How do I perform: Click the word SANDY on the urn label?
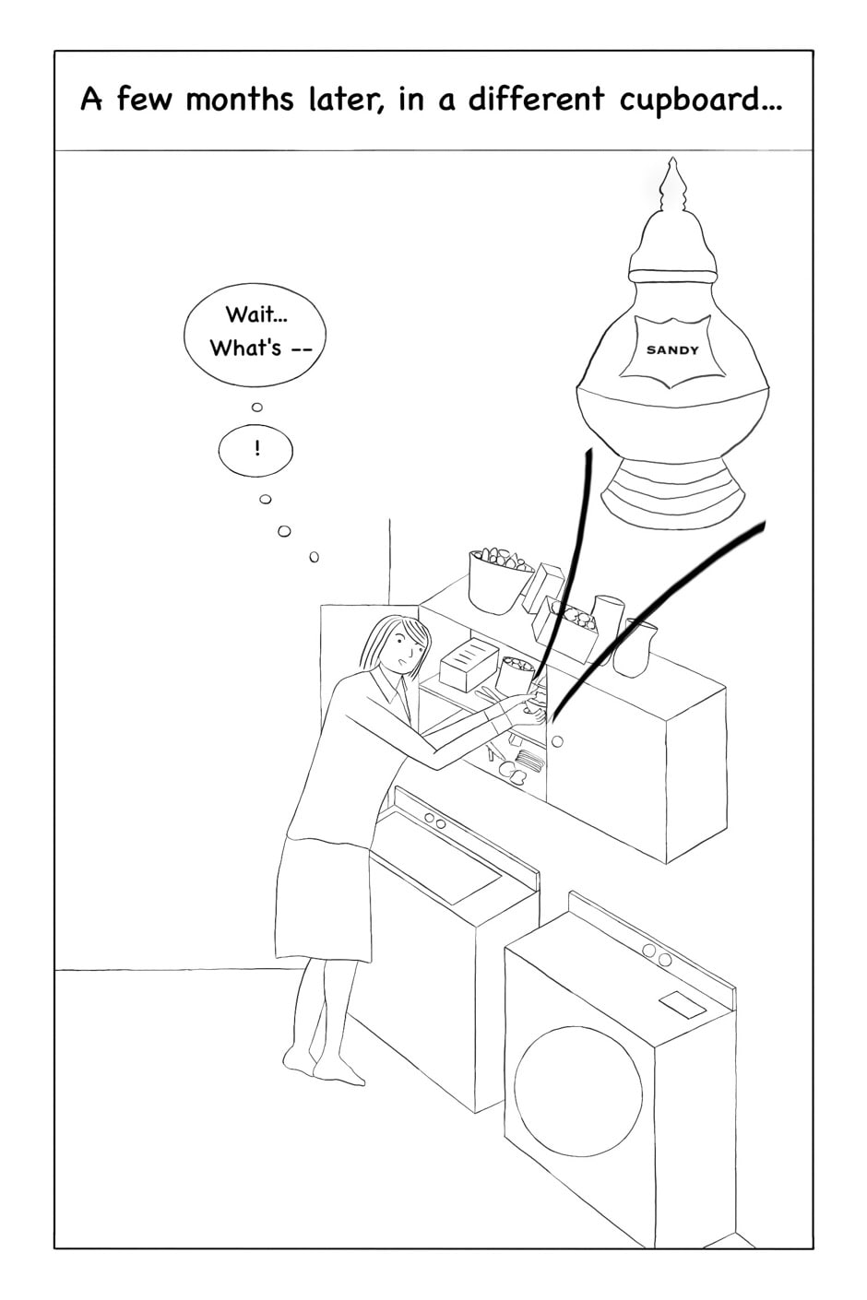pyautogui.click(x=672, y=350)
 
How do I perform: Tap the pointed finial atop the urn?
pyautogui.click(x=673, y=183)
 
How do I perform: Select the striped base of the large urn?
pyautogui.click(x=673, y=491)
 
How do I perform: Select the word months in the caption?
pyautogui.click(x=240, y=99)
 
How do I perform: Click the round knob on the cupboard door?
pyautogui.click(x=557, y=741)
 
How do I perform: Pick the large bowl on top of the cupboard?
pyautogui.click(x=498, y=581)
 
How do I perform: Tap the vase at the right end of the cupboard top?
pyautogui.click(x=635, y=648)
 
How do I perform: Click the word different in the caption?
pyautogui.click(x=536, y=99)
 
